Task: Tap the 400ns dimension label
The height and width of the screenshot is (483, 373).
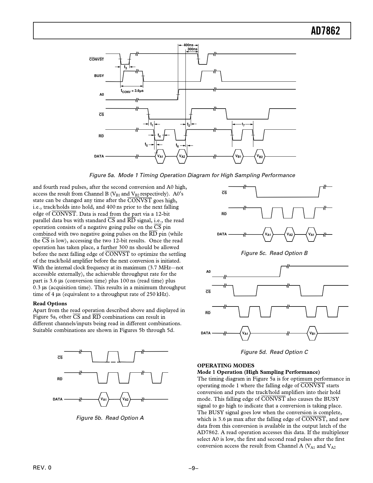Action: [188, 45]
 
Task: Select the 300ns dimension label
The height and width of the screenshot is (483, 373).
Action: [192, 49]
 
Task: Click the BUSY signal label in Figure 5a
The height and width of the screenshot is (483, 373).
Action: [99, 76]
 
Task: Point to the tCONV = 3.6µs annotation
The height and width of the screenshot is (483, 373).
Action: [132, 91]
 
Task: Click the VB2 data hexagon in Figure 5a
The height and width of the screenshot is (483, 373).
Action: [260, 156]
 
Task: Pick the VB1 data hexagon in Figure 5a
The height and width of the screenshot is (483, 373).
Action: [238, 156]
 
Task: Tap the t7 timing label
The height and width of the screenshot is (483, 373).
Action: [243, 125]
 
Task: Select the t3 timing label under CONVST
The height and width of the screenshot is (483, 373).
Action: [126, 67]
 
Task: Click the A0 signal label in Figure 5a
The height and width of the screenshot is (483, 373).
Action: [102, 95]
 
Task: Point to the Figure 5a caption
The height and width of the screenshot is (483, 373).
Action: [192, 175]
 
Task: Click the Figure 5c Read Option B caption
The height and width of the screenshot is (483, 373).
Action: [274, 253]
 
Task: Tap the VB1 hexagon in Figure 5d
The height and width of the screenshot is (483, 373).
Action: [312, 333]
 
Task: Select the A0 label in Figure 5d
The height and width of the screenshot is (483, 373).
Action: [208, 272]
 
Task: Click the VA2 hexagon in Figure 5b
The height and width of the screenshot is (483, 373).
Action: [125, 399]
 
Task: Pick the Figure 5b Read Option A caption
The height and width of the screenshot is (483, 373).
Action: [110, 418]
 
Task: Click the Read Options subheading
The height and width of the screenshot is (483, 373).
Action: [50, 304]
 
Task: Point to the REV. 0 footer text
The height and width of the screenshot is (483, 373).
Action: [42, 468]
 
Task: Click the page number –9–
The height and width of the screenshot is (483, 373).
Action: [193, 468]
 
